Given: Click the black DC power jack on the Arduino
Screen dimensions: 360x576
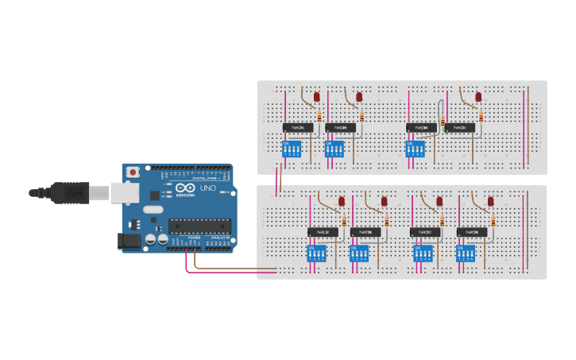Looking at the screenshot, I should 128,239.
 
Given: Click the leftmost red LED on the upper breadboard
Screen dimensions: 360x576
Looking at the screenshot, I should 316,97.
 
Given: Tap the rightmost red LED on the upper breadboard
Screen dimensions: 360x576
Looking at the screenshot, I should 478,97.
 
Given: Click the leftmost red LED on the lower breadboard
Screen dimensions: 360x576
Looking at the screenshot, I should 342,202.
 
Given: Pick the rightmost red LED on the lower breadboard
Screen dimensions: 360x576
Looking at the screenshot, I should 492,202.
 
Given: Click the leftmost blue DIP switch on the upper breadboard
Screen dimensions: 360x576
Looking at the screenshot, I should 293,149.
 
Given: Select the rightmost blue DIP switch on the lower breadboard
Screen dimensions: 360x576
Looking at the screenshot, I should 466,254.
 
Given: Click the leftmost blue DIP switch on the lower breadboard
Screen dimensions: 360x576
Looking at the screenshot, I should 317,254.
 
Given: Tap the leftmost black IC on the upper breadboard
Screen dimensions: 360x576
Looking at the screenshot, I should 296,127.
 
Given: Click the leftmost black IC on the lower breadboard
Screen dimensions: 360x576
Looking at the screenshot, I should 322,232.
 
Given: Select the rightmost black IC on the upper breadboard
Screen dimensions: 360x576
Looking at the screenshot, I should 459,127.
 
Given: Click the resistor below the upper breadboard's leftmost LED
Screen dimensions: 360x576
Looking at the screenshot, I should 319,116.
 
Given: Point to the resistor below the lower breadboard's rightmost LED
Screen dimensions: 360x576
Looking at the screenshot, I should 492,221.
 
